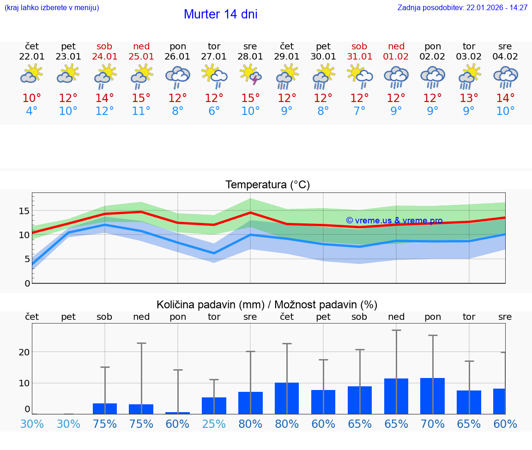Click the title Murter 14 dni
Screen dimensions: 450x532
coord(220,14)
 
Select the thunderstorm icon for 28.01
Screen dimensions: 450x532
coord(250,76)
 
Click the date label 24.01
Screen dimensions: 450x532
coord(105,57)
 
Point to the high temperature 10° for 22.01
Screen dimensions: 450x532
coord(32,98)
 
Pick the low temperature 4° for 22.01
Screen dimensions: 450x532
coord(32,111)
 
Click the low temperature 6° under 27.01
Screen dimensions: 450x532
coord(214,111)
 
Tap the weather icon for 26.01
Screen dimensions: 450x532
coord(178,76)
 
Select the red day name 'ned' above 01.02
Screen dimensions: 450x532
coord(396,46)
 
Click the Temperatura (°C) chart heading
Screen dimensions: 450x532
coord(267,185)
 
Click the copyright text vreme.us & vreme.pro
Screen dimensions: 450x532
coord(394,221)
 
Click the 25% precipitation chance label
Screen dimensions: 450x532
coord(214,424)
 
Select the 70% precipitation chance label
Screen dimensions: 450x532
coord(433,424)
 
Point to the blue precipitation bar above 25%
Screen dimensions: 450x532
coord(214,406)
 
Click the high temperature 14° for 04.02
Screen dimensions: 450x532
coord(505,98)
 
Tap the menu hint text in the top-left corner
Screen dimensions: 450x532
coord(52,8)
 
